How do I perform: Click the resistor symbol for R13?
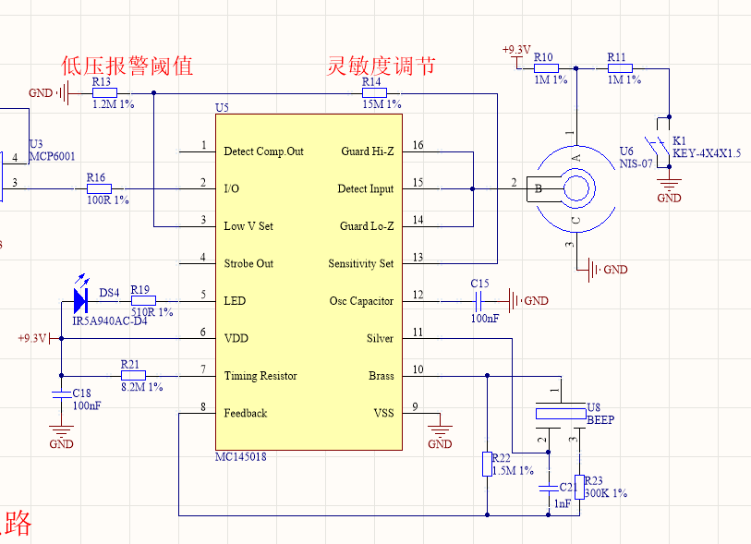pos(103,93)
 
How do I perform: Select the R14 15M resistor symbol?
pos(373,93)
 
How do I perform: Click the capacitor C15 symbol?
pos(479,300)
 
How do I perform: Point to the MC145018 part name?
pos(241,456)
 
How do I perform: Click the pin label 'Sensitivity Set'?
pos(361,263)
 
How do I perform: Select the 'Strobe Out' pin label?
pos(248,263)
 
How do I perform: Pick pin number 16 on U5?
pos(418,145)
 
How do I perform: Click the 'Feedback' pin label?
pos(245,413)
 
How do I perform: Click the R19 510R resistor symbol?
pos(143,300)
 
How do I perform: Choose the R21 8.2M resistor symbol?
pos(133,375)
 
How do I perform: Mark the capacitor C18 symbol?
pos(62,393)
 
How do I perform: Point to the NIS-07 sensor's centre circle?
pos(577,188)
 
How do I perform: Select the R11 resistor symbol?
pos(620,67)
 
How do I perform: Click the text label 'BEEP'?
pos(601,419)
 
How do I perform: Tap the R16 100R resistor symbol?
pos(98,188)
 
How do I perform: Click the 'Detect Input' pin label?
pos(366,188)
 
